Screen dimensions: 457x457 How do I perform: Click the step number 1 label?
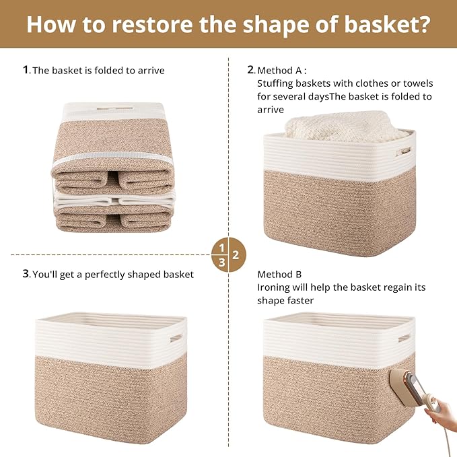click(26, 69)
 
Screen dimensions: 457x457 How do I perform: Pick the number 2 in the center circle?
click(236, 255)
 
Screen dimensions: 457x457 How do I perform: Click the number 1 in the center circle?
click(221, 247)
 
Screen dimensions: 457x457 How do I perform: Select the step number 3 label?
click(26, 274)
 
